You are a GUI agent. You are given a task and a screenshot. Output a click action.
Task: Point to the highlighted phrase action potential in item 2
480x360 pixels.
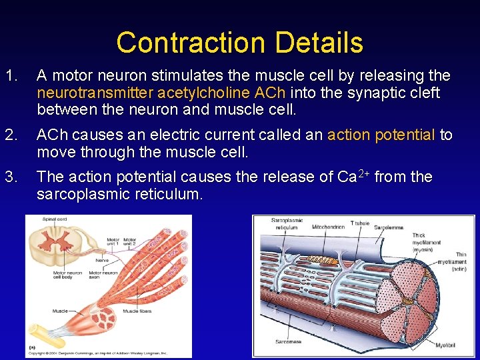coord(381,135)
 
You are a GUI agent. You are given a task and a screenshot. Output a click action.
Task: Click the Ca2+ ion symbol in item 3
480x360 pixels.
coord(352,177)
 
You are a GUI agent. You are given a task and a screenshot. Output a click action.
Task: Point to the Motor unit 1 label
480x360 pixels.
coord(111,243)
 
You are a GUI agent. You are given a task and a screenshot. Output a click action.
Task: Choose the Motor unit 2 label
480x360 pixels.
coord(129,243)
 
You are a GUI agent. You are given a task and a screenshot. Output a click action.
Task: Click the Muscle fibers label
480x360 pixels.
coord(137,311)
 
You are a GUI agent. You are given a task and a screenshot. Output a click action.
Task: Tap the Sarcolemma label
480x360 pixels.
coord(388,227)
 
